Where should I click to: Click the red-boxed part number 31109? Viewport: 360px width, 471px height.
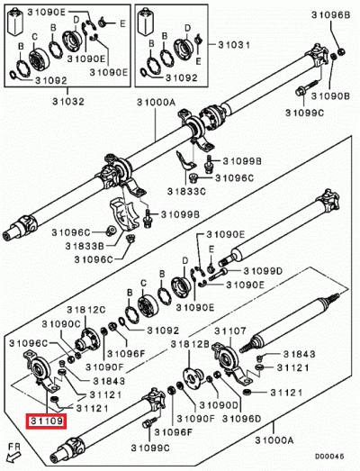click(45, 420)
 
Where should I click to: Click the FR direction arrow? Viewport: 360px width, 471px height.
click(13, 448)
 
